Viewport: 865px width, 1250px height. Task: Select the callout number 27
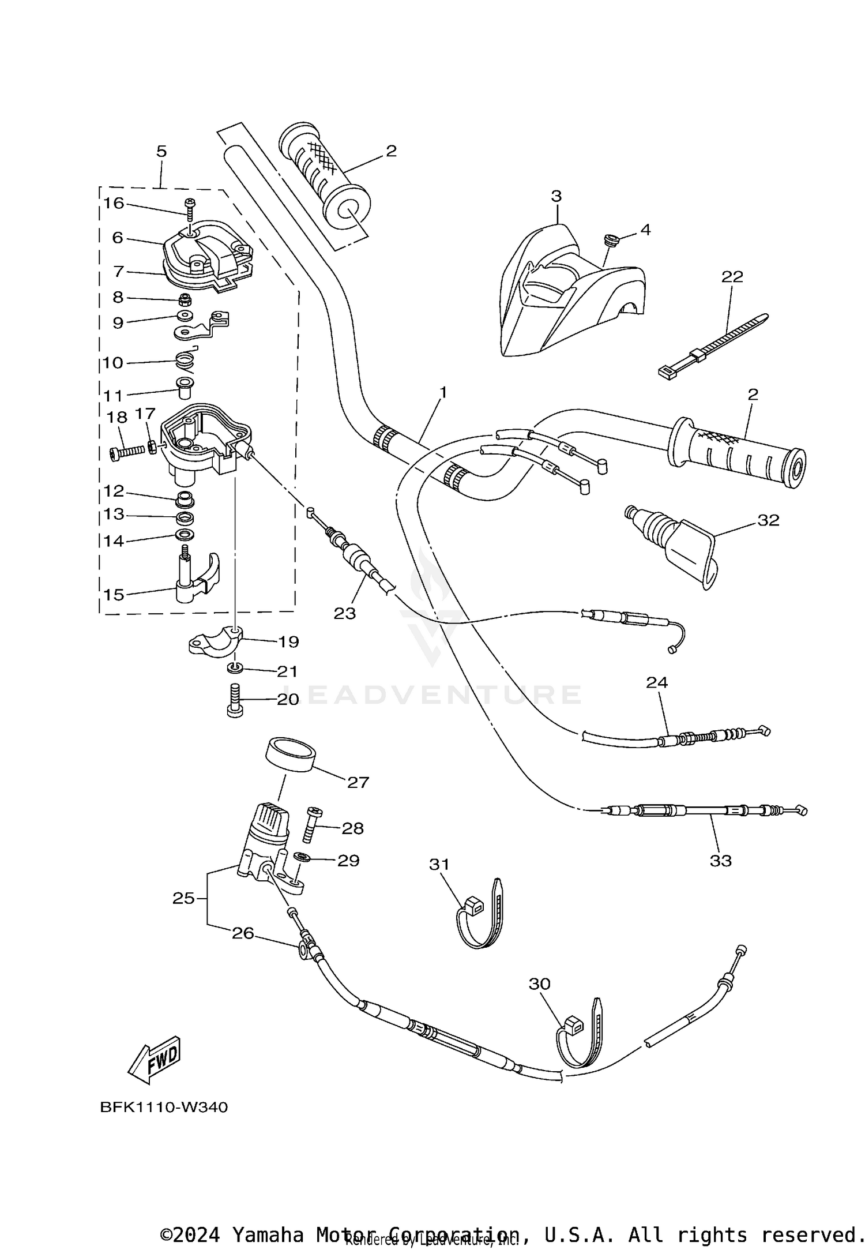pos(358,782)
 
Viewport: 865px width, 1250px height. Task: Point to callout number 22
pos(732,276)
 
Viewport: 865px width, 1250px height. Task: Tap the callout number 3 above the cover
pos(555,196)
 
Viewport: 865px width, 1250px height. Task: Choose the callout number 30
pos(540,984)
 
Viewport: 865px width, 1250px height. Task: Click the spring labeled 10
pos(186,361)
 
